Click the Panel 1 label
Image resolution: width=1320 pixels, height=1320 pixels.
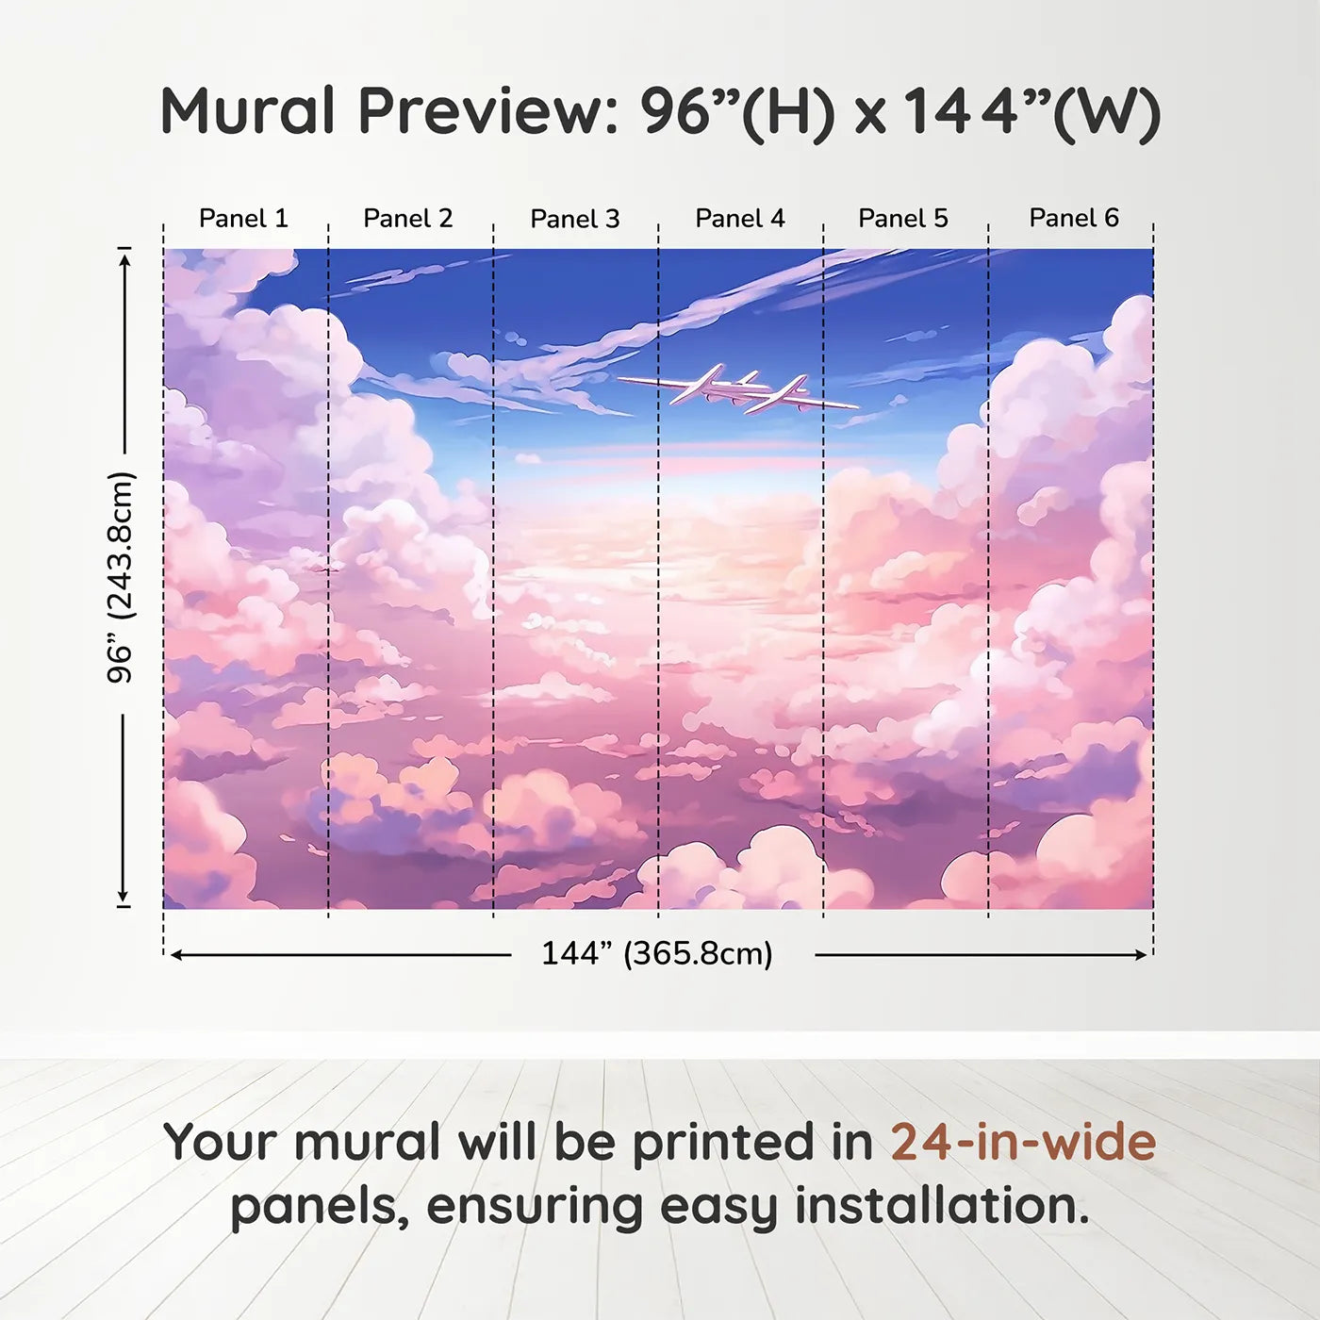[243, 219]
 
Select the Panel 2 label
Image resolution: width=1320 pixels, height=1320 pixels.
[407, 219]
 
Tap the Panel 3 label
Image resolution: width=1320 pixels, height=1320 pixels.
[575, 219]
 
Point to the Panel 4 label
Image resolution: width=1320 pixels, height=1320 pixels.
[740, 219]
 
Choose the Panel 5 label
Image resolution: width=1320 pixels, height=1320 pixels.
[903, 219]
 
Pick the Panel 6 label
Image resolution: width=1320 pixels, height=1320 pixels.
[1073, 218]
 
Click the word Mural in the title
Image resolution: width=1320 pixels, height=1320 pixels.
[247, 111]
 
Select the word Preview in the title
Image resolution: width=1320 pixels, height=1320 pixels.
[489, 111]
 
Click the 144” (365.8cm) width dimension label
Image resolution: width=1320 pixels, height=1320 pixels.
[656, 953]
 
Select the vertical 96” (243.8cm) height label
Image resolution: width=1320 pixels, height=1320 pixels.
[121, 577]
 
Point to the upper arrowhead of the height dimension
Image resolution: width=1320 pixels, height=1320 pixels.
[124, 259]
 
